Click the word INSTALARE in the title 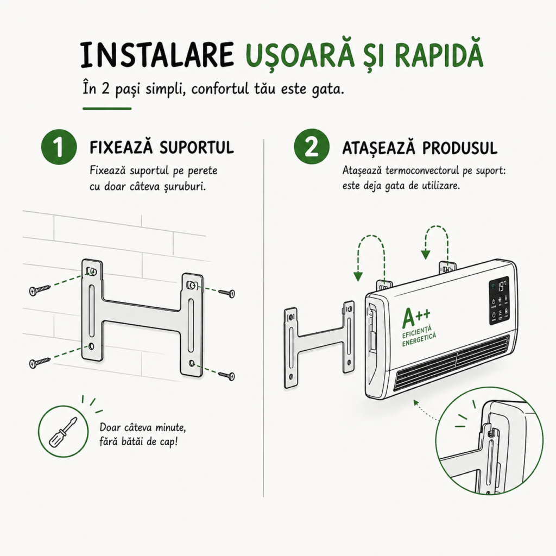(156, 55)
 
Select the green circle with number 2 (312, 147)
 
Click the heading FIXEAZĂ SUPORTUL (162, 147)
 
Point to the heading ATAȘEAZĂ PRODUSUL (420, 148)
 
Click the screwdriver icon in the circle (63, 432)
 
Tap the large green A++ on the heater (416, 317)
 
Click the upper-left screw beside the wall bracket (40, 290)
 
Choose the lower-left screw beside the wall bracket (40, 363)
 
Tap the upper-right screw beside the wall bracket (226, 293)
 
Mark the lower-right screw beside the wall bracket (226, 376)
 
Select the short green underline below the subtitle (107, 109)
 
